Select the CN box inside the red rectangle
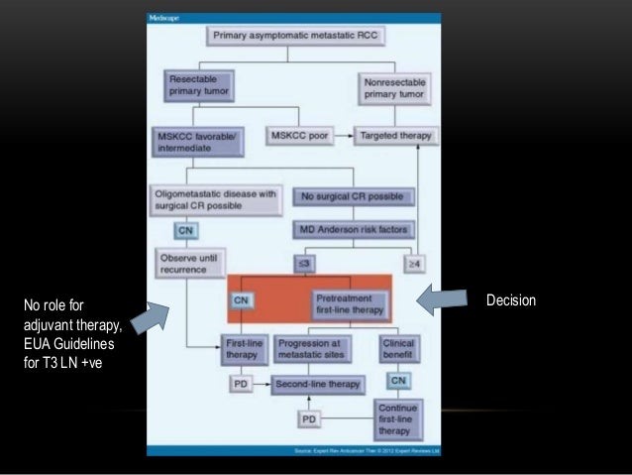(x=241, y=298)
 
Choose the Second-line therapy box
(x=317, y=383)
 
